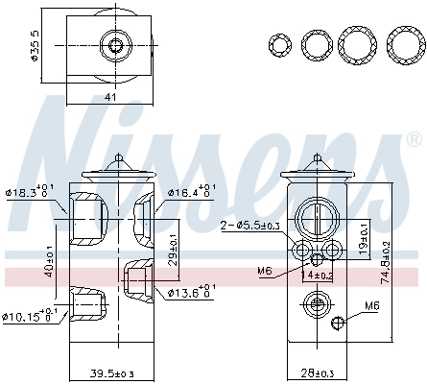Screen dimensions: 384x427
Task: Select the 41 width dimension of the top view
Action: coord(111,96)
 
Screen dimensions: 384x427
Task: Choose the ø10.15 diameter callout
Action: coord(31,315)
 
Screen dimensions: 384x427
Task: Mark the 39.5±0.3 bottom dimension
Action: coord(113,372)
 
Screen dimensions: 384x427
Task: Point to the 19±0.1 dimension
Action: coord(362,237)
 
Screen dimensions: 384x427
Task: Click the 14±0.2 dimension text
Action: coord(317,276)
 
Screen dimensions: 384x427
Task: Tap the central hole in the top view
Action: coord(116,45)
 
